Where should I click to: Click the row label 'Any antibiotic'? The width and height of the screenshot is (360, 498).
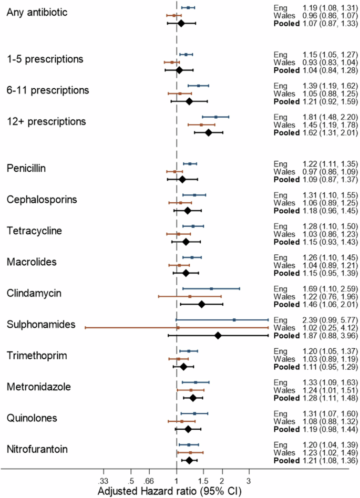pyautogui.click(x=37, y=12)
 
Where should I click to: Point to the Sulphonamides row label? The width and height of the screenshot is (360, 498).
pyautogui.click(x=41, y=325)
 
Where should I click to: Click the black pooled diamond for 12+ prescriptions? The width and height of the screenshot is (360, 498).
pyautogui.click(x=208, y=132)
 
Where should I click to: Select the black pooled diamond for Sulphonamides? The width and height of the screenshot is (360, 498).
pyautogui.click(x=218, y=335)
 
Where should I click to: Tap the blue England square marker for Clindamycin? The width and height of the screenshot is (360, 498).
pyautogui.click(x=211, y=288)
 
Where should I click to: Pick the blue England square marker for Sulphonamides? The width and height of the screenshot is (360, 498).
pyautogui.click(x=234, y=319)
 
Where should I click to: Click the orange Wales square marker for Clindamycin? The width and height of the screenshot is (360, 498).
pyautogui.click(x=190, y=296)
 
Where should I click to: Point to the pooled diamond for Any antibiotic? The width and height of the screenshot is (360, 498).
pyautogui.click(x=181, y=23)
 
